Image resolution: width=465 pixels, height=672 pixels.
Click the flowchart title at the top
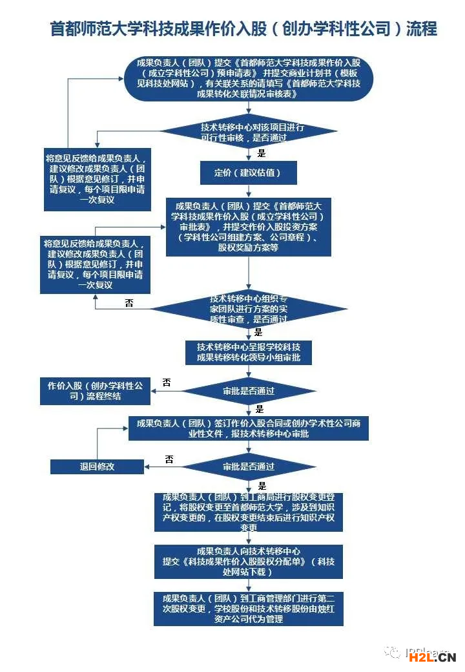coord(243,29)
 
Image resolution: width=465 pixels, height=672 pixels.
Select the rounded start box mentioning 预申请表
coord(249,78)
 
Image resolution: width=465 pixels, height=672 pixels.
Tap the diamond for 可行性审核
coord(249,132)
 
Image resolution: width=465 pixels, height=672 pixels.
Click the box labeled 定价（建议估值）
coord(249,173)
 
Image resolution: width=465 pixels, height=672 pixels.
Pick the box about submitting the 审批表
coord(249,227)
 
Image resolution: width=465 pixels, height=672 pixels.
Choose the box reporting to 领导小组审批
coord(249,352)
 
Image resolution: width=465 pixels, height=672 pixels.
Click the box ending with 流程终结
coord(94,390)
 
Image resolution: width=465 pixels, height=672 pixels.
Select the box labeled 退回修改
coord(98,466)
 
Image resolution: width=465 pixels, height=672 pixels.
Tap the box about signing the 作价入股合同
coord(249,428)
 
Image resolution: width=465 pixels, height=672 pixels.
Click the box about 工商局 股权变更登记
coord(249,512)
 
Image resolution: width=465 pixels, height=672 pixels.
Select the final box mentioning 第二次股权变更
coord(249,608)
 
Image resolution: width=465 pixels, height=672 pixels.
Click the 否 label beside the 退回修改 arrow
coord(169,459)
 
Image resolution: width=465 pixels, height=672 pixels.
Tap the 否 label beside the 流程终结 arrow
coord(167,383)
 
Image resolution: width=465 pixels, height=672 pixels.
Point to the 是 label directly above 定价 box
coord(262,153)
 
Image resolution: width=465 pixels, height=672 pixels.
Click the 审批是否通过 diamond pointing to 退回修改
coord(249,467)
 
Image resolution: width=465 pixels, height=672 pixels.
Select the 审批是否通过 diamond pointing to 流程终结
coord(249,391)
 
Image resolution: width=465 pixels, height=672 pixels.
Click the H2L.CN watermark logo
coord(432,657)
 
